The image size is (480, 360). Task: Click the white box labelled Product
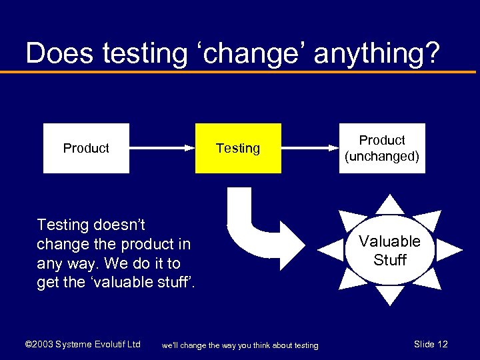[86, 148]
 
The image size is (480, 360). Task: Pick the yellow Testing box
[238, 148]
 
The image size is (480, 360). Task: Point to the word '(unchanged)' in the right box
[382, 157]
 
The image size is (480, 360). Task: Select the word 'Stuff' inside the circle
[390, 260]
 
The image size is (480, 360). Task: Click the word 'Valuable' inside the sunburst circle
[390, 241]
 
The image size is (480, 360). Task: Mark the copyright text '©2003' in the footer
[38, 345]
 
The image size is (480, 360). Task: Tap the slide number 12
[441, 345]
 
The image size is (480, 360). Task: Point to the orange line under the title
[240, 71]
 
